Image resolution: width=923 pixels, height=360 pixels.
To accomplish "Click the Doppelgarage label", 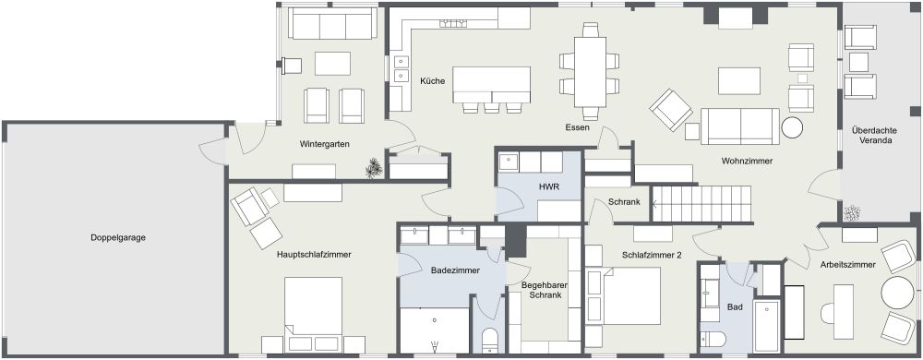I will point(118,237).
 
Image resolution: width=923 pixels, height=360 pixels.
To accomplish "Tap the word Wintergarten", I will point(323,145).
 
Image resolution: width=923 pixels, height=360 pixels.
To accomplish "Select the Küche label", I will point(433,81).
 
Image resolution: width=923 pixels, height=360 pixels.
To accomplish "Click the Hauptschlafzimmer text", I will point(315,254).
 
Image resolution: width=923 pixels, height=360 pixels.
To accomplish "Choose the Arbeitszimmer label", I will point(847,265).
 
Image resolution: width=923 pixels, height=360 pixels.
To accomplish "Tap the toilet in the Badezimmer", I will point(490,339).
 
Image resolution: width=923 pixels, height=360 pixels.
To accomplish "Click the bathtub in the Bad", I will point(767,326).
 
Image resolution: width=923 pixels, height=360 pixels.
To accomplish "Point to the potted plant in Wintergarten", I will point(373,167).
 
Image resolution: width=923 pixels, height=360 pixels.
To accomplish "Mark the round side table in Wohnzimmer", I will point(793,127).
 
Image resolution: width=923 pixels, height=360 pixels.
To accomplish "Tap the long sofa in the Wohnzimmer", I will point(738,124).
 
